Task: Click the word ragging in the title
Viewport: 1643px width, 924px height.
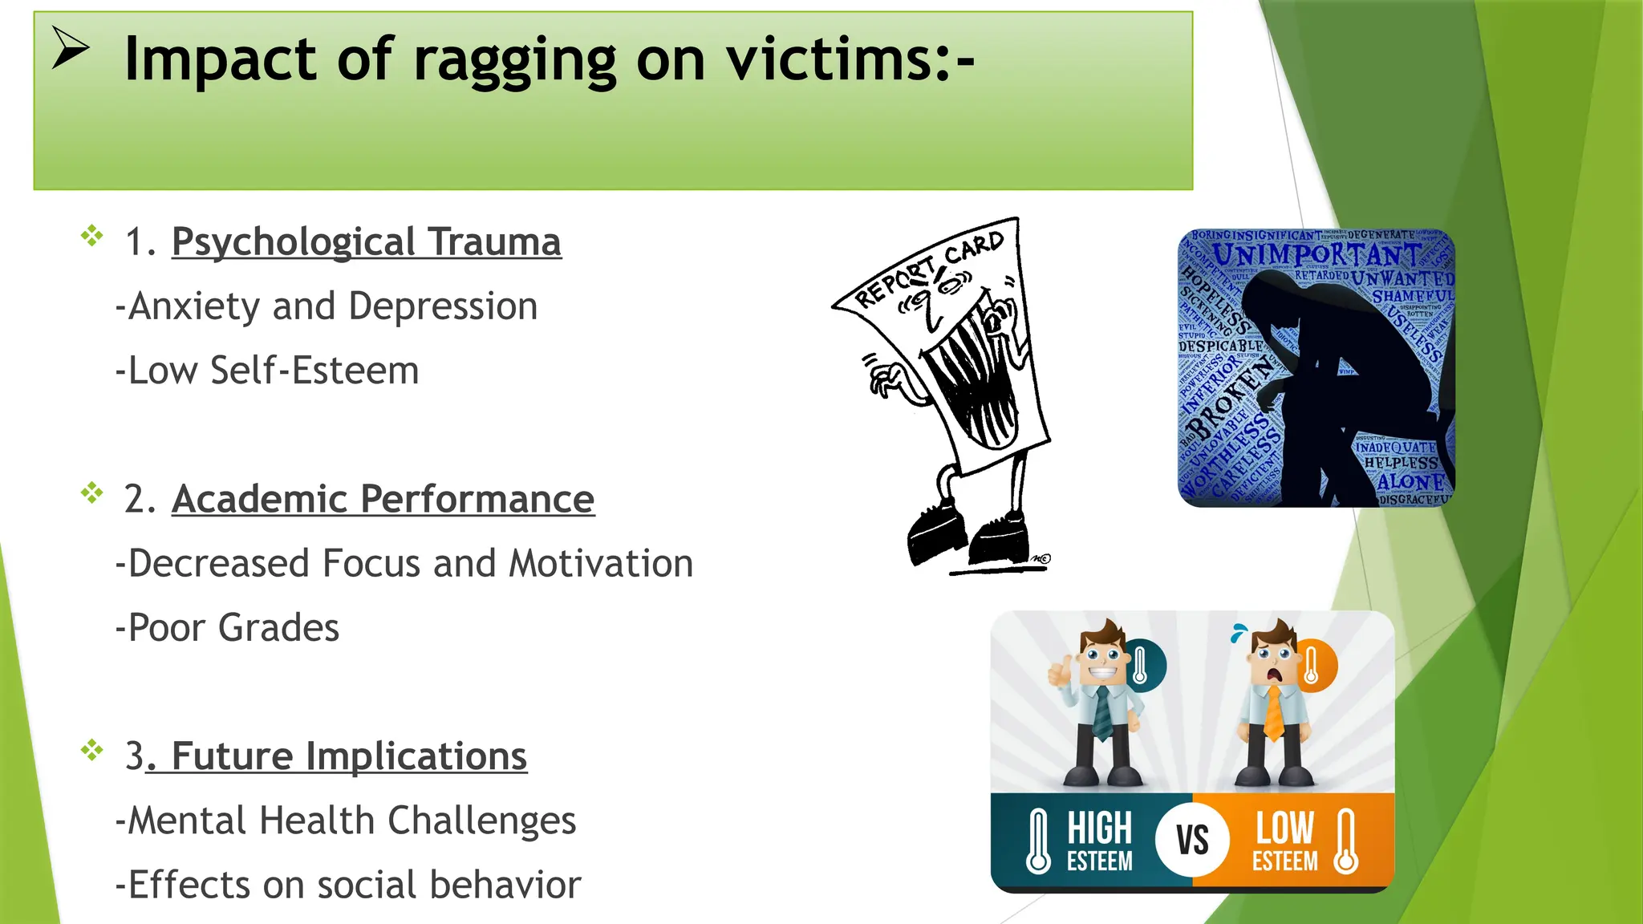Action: [514, 60]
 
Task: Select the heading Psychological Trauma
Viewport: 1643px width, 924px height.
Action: [366, 242]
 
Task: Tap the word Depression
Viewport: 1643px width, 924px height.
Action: [443, 306]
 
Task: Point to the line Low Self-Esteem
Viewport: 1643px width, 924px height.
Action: [268, 371]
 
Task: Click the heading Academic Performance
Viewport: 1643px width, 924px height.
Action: [383, 500]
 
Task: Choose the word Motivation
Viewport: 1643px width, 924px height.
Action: [601, 564]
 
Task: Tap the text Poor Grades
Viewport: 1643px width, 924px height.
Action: [228, 628]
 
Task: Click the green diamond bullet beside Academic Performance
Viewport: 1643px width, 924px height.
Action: [92, 492]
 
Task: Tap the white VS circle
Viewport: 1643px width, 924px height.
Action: [1192, 840]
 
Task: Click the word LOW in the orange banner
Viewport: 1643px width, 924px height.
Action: [1284, 828]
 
